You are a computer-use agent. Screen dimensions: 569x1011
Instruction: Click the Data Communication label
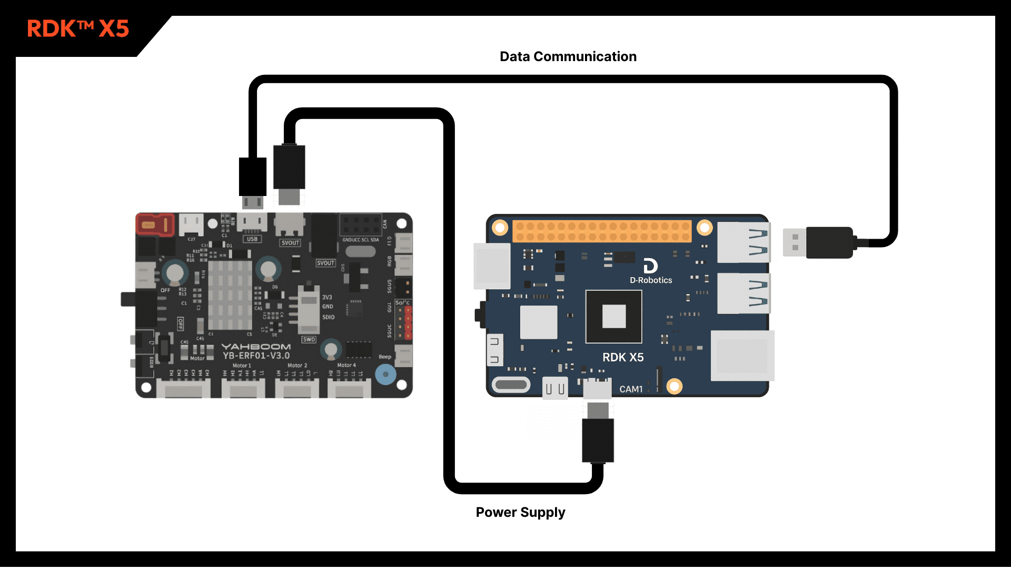pyautogui.click(x=568, y=56)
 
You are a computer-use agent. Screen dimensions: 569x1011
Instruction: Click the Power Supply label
pyautogui.click(x=520, y=512)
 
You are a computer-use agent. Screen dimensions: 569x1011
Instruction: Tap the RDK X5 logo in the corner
pyautogui.click(x=78, y=28)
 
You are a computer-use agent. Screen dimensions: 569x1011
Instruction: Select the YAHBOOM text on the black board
pyautogui.click(x=256, y=346)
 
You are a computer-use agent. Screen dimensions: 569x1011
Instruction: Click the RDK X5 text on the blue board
pyautogui.click(x=623, y=357)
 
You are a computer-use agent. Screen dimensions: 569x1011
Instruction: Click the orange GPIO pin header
pyautogui.click(x=601, y=231)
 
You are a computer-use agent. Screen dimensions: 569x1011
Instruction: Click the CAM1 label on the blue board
pyautogui.click(x=631, y=389)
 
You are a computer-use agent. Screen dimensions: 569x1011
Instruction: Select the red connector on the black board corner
pyautogui.click(x=155, y=225)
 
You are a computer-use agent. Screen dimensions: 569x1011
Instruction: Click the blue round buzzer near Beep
pyautogui.click(x=385, y=374)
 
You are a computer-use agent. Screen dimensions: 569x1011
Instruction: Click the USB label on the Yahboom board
pyautogui.click(x=252, y=239)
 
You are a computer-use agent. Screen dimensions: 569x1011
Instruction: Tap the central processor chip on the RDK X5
pyautogui.click(x=613, y=317)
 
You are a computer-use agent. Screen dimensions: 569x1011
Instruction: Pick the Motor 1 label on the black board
pyautogui.click(x=242, y=365)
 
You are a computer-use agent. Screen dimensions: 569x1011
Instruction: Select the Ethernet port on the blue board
pyautogui.click(x=742, y=356)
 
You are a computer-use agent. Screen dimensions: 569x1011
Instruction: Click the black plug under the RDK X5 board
pyautogui.click(x=598, y=440)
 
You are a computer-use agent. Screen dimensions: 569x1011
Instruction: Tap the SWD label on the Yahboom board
pyautogui.click(x=309, y=339)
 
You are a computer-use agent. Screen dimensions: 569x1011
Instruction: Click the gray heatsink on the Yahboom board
pyautogui.click(x=230, y=295)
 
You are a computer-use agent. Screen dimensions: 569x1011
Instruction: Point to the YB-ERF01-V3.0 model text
pyautogui.click(x=256, y=356)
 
